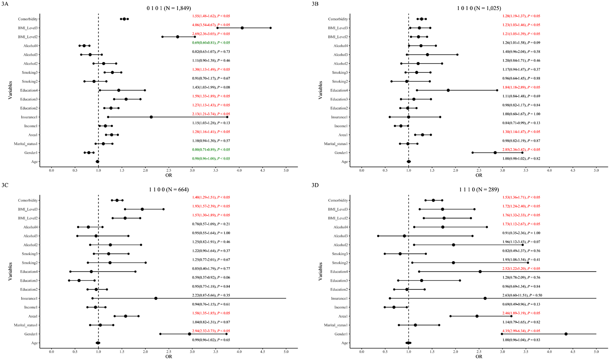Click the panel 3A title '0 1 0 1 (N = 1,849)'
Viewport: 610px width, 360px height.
click(169, 8)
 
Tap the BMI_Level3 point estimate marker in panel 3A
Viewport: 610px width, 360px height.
click(242, 28)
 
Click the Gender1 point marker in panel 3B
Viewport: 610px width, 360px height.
click(495, 153)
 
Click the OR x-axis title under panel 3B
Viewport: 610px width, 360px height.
click(479, 175)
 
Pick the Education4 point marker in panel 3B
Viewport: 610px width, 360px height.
click(448, 90)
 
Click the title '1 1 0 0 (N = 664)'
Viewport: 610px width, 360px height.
click(169, 189)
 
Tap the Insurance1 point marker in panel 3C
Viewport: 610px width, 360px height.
click(156, 298)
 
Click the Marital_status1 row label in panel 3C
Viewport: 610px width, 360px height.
click(26, 325)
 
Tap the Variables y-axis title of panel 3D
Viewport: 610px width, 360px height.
click(320, 271)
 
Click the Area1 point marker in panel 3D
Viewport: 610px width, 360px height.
click(477, 316)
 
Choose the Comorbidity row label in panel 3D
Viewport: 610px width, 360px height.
click(338, 201)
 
